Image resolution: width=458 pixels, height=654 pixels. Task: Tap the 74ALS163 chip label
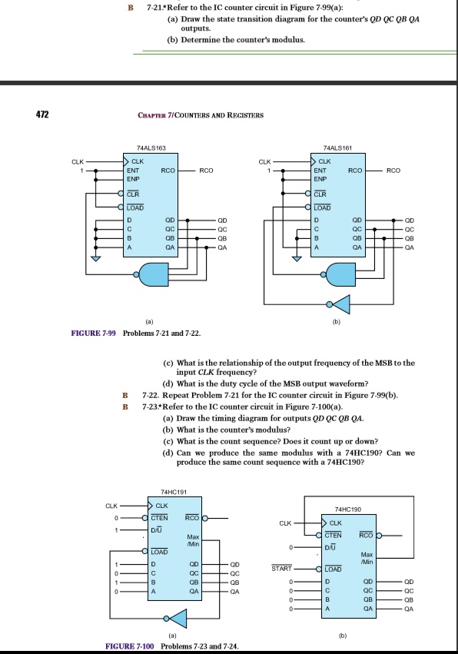click(x=148, y=145)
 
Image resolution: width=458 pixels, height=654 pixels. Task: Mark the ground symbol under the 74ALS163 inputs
click(x=95, y=259)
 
